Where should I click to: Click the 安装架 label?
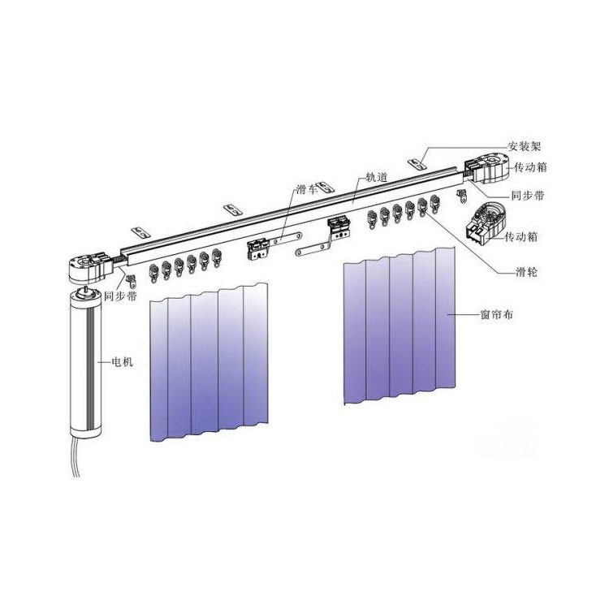point(525,146)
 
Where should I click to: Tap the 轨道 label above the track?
point(377,178)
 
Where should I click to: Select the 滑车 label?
point(307,189)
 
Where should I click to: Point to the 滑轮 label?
point(526,272)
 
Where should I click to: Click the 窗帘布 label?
point(497,314)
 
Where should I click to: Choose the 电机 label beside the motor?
point(123,362)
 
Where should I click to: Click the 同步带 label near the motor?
point(121,296)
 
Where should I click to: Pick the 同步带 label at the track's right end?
point(528,196)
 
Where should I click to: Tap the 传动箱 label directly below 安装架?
point(530,167)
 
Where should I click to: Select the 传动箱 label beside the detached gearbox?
point(520,236)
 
